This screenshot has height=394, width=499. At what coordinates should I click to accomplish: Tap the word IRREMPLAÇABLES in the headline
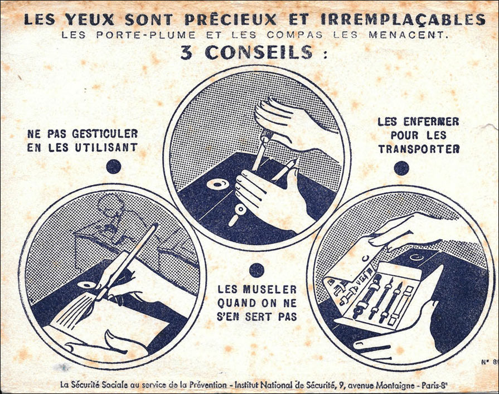coord(403,20)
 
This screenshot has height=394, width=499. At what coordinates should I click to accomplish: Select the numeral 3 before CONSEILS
coord(186,53)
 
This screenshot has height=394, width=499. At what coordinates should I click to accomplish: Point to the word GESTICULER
coord(105,134)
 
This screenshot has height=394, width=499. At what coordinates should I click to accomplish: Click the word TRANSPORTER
coord(419,149)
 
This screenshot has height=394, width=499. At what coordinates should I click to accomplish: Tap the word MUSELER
coord(270,289)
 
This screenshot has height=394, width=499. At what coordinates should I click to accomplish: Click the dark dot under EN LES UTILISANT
coord(114,166)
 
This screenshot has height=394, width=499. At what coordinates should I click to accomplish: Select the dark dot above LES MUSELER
coord(256,270)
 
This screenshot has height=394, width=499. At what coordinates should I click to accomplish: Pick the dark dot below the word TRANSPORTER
coord(401,168)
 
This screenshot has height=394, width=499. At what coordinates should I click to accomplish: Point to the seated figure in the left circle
coord(112,220)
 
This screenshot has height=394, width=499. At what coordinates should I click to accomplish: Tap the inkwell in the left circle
coord(86,285)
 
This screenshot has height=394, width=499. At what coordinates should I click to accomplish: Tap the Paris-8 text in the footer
coord(435,386)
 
